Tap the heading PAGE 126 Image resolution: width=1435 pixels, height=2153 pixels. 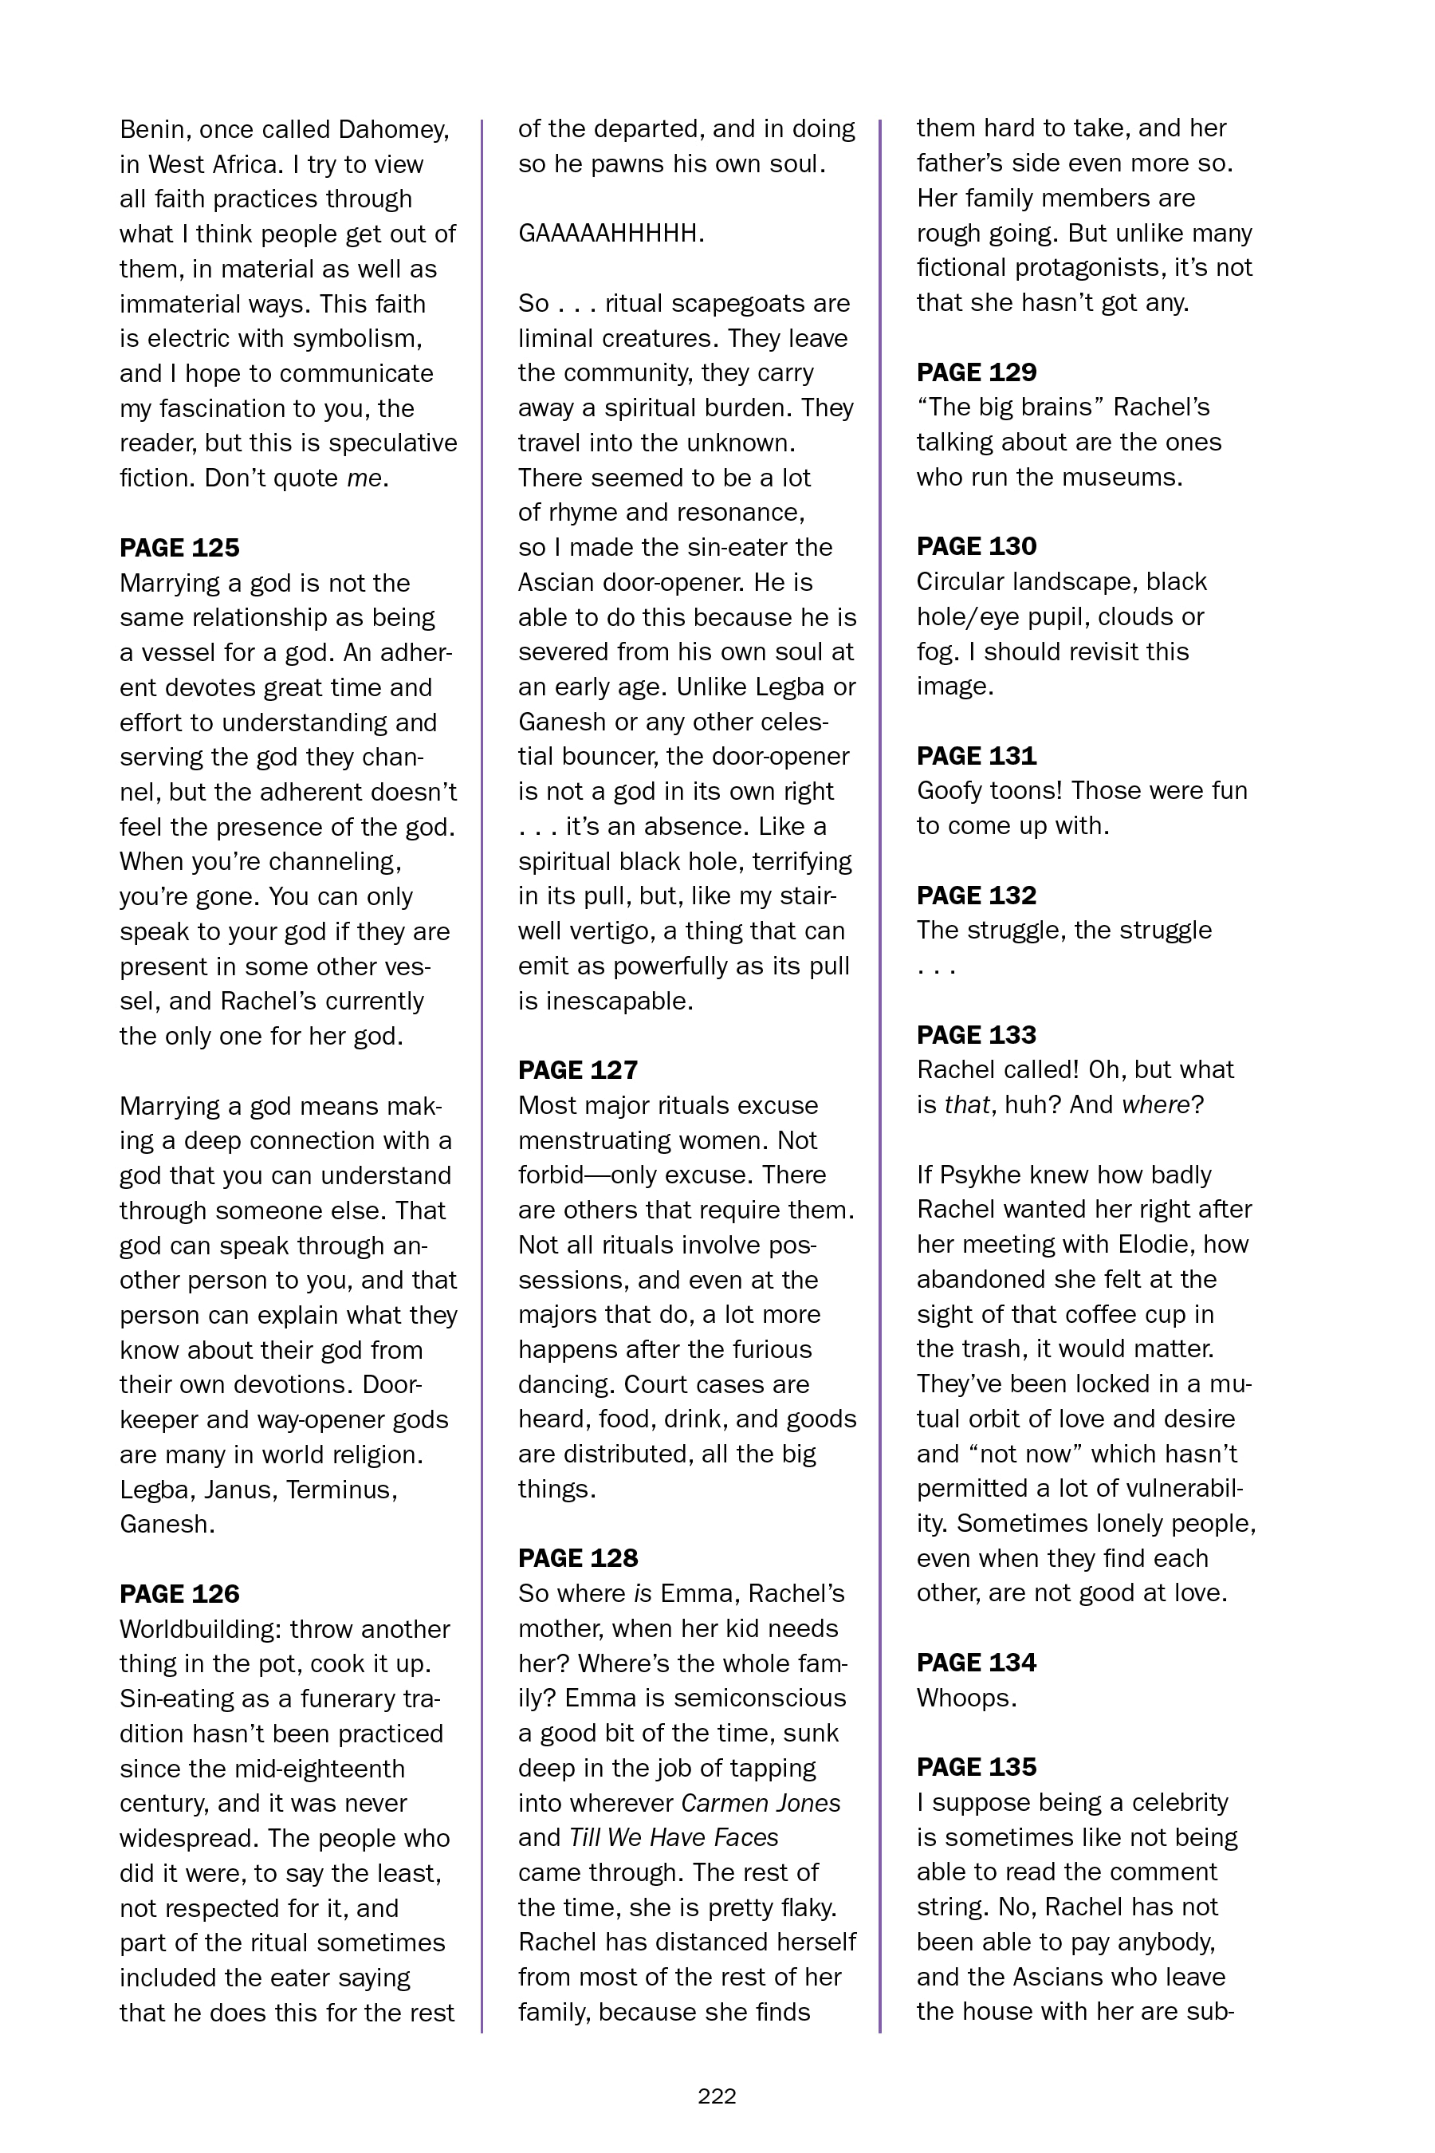pyautogui.click(x=179, y=1594)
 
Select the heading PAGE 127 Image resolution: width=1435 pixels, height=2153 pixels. pyautogui.click(x=577, y=1070)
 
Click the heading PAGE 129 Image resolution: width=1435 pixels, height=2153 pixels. pyautogui.click(x=977, y=372)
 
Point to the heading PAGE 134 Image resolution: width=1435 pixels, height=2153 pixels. pyautogui.click(x=977, y=1663)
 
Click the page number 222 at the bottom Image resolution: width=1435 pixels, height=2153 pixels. pyautogui.click(x=717, y=2096)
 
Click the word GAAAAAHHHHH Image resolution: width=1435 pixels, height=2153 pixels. pyautogui.click(x=611, y=234)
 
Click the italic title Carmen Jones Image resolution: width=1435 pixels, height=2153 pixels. pyautogui.click(x=761, y=1803)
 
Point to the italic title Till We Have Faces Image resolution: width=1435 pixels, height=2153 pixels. pyautogui.click(x=674, y=1838)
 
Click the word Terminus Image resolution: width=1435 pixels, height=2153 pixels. pyautogui.click(x=340, y=1490)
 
